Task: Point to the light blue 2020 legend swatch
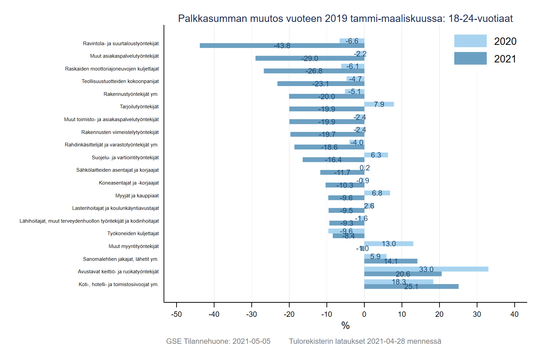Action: [470, 41]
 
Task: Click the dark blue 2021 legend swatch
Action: [470, 58]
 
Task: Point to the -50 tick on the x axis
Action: [177, 314]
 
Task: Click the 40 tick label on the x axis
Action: [514, 314]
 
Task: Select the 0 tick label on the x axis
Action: [364, 314]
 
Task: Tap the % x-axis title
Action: [345, 326]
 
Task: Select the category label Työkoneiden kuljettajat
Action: [133, 233]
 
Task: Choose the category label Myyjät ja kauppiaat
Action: [137, 196]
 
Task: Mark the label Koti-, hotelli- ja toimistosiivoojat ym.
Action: [118, 284]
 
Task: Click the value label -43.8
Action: [282, 46]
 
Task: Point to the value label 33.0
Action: [426, 269]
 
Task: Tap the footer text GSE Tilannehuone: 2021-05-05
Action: [218, 341]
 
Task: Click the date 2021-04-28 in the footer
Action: [386, 341]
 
